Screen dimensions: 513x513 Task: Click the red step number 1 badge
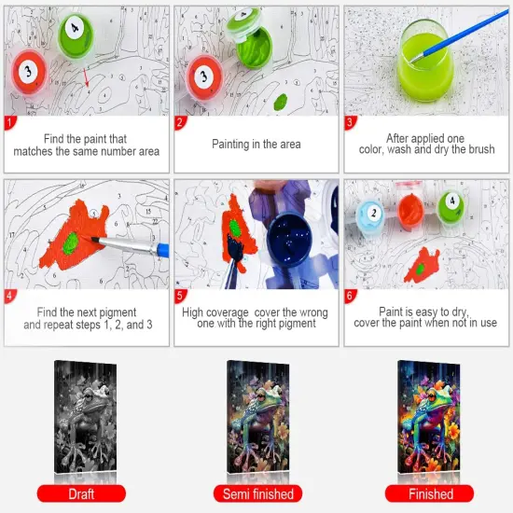point(10,121)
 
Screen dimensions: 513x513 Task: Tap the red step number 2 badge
point(181,121)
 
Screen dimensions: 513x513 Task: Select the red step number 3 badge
point(352,121)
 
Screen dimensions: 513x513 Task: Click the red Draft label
point(86,493)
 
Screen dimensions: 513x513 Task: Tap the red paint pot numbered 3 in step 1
point(30,70)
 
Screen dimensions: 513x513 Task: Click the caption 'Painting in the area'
point(256,145)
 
